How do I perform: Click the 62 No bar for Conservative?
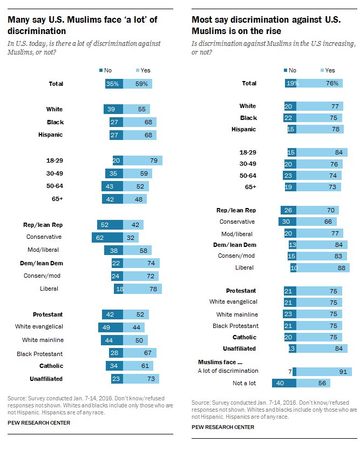coord(107,237)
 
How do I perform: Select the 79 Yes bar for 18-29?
coord(142,160)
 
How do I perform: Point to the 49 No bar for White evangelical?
coord(110,327)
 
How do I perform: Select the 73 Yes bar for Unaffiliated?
coord(141,379)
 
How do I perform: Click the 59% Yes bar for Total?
coord(138,84)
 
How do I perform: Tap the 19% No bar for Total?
coord(291,83)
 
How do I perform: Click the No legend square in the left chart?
coord(100,70)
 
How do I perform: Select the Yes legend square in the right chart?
coord(322,70)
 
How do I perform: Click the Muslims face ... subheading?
coord(221,360)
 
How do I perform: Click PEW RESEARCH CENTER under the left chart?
coord(39,423)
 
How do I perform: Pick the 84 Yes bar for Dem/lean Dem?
coord(320,244)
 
